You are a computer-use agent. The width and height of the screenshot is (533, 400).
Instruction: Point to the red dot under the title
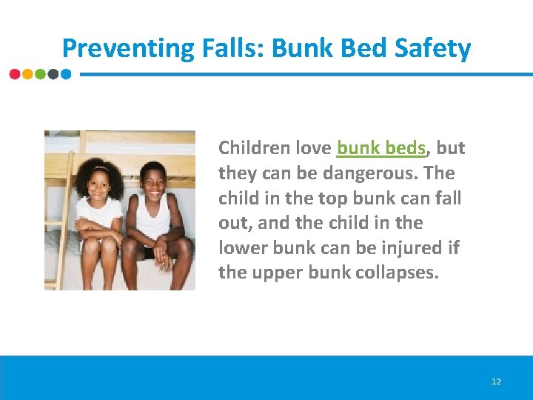click(15, 74)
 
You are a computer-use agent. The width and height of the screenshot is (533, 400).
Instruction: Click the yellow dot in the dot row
click(27, 74)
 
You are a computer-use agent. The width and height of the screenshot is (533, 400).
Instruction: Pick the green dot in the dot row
click(40, 74)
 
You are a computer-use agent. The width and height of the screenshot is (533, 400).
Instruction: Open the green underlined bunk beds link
click(381, 148)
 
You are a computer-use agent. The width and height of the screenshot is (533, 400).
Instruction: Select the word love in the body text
click(313, 148)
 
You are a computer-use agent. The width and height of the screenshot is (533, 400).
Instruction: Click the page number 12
click(496, 381)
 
